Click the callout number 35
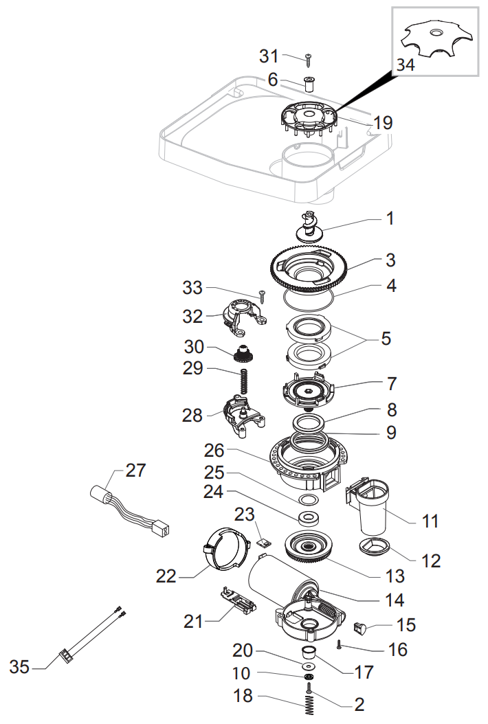click(20, 666)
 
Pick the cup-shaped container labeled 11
click(373, 508)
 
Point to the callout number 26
click(215, 451)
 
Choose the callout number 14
click(395, 599)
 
